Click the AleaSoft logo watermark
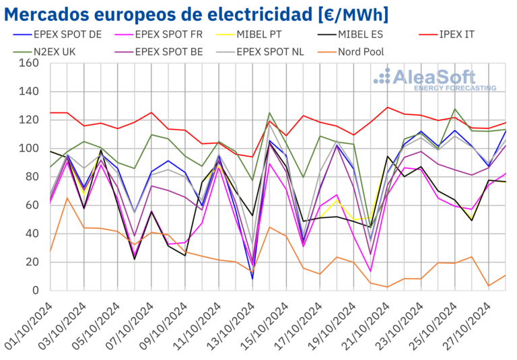point(435,79)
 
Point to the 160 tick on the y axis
point(30,63)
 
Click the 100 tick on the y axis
point(30,149)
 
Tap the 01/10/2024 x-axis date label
point(28,322)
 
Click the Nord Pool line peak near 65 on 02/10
point(67,198)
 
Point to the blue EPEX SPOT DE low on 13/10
point(253,279)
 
